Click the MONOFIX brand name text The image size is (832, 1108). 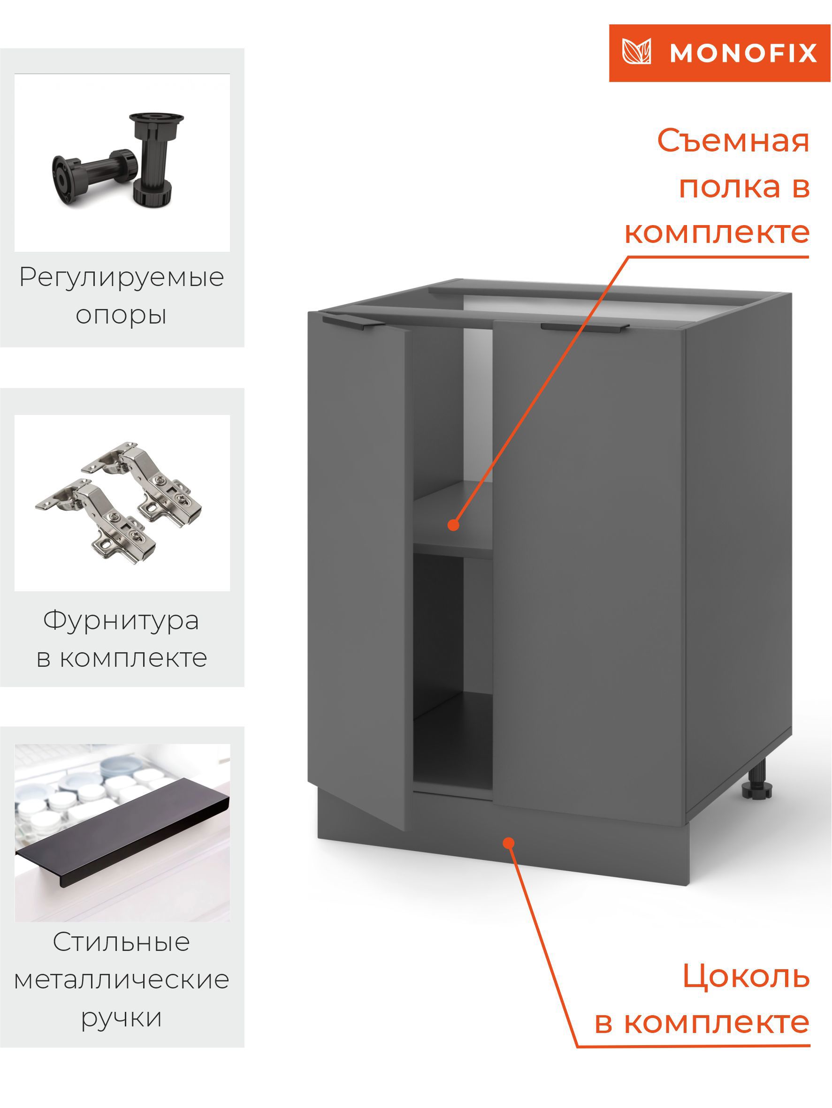(743, 53)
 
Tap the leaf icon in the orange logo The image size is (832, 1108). (636, 52)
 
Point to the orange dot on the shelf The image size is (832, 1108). (453, 525)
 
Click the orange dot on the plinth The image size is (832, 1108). (509, 843)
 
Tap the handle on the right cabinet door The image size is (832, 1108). (584, 327)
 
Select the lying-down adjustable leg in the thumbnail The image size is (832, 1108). (93, 173)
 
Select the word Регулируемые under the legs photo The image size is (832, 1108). (121, 278)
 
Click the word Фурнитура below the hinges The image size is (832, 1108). (121, 621)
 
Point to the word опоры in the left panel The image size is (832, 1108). (121, 315)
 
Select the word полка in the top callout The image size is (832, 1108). (728, 187)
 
